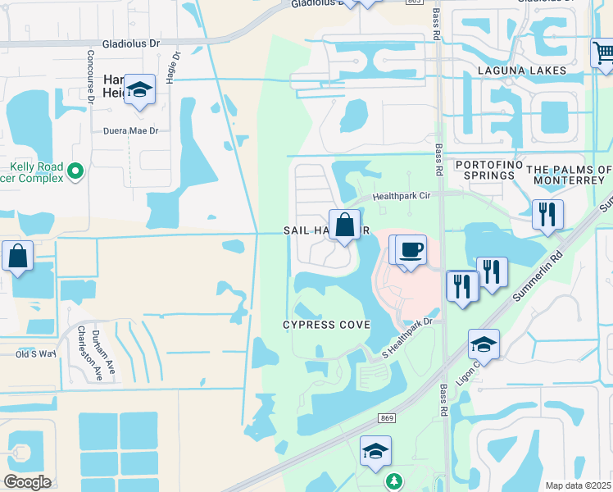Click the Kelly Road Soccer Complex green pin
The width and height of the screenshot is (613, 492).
(75, 171)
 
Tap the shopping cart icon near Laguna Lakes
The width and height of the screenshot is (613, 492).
(602, 53)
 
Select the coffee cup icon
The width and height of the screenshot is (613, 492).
(411, 248)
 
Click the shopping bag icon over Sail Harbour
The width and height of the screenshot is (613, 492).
(345, 224)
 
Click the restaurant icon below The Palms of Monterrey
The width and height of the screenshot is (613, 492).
(547, 215)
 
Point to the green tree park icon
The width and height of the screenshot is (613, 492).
(394, 480)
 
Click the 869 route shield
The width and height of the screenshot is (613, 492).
(388, 418)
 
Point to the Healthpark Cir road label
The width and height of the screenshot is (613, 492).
(400, 196)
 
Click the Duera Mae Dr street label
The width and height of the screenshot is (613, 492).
(130, 130)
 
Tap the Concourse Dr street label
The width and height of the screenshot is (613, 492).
(90, 74)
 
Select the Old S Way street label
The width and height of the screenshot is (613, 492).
(37, 353)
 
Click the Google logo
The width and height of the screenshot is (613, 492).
(27, 482)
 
